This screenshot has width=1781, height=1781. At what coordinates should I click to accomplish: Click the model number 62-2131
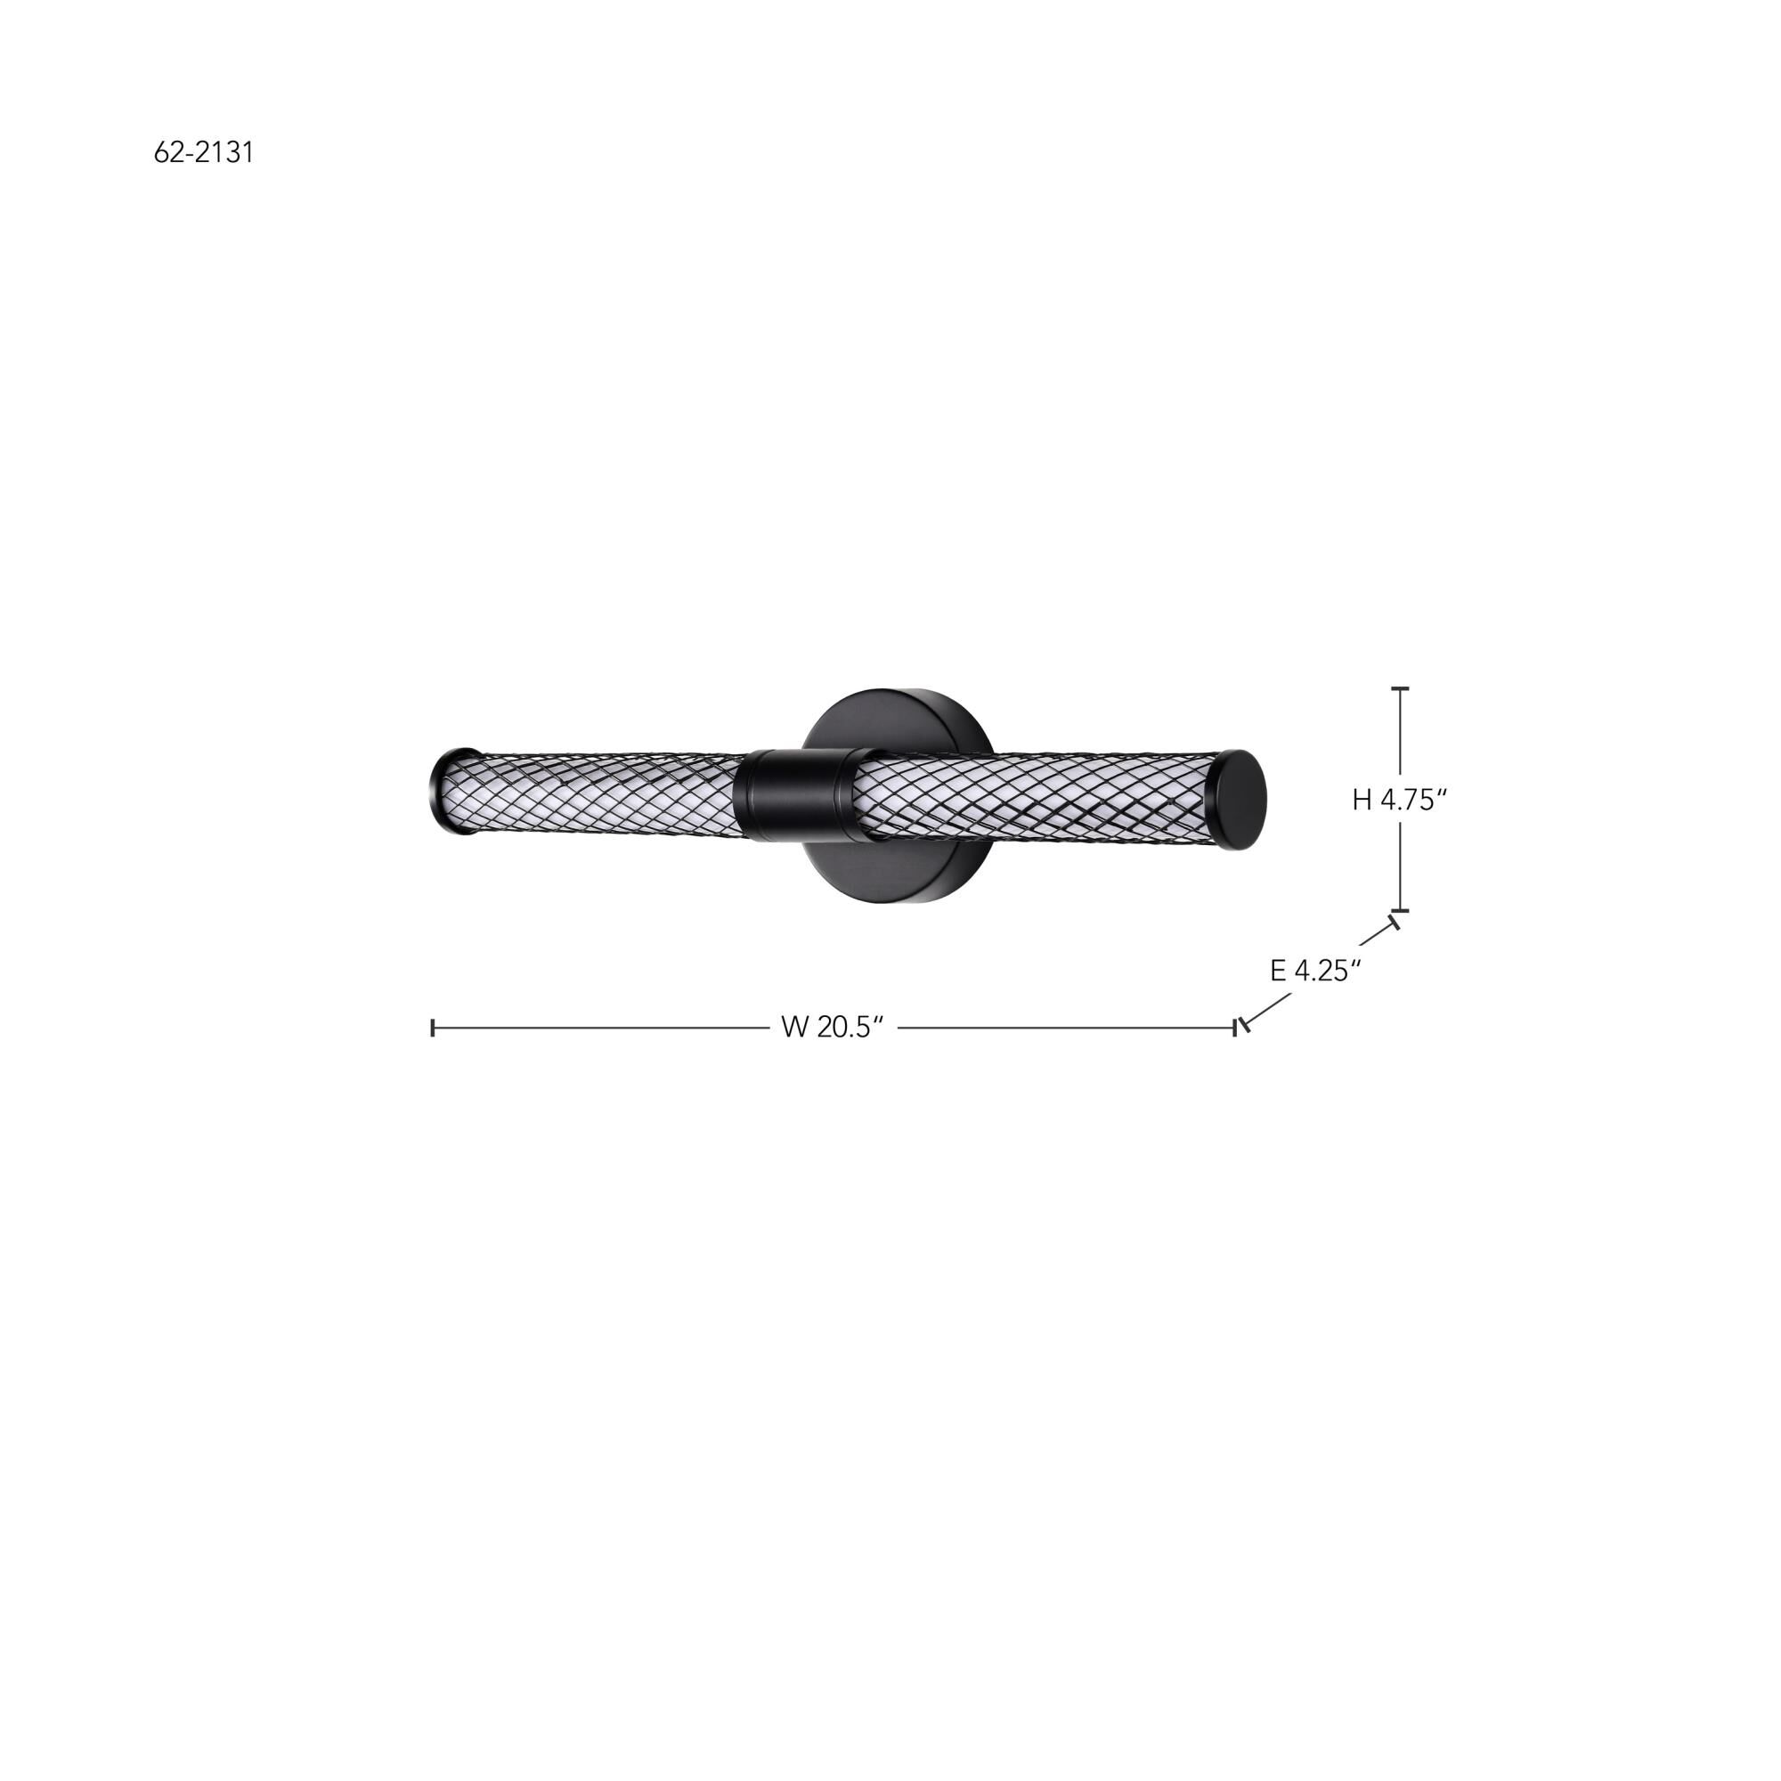point(203,152)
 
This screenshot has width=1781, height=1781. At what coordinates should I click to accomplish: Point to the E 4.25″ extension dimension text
point(1315,971)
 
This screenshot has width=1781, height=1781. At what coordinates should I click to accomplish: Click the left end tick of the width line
point(433,1027)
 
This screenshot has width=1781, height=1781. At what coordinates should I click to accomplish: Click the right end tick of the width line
point(1234,1027)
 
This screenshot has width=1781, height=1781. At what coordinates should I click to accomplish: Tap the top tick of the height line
point(1400,688)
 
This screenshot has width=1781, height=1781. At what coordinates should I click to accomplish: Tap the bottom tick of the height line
point(1400,910)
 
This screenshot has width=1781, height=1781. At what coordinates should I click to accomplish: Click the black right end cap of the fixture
point(1240,797)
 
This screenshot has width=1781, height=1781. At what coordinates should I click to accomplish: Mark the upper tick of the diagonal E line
point(1395,920)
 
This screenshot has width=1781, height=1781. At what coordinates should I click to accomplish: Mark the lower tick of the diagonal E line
point(1246,1024)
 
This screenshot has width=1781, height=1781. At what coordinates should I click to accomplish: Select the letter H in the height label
point(1362,801)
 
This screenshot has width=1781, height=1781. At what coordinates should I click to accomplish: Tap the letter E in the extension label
point(1279,971)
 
